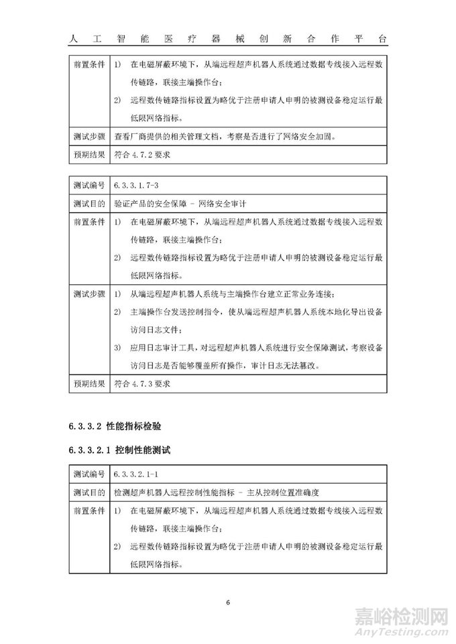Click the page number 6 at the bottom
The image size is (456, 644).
(228, 602)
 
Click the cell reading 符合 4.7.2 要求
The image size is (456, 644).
(143, 155)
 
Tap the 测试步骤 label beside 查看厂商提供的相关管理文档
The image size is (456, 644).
(89, 137)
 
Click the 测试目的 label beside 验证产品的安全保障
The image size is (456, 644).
(89, 201)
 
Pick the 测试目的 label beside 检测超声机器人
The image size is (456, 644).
(89, 492)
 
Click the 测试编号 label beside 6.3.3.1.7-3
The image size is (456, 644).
(89, 183)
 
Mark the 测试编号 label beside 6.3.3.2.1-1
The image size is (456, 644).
(89, 474)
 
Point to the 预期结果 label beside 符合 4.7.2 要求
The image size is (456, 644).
(89, 155)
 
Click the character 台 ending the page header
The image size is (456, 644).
(382, 38)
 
